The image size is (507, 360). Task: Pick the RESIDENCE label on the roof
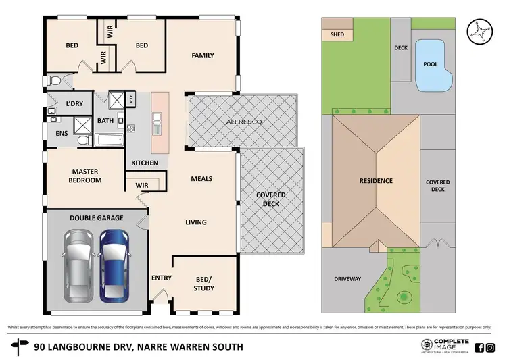[x=375, y=181]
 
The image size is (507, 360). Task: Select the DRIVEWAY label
[x=348, y=278]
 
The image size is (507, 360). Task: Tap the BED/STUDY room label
[x=204, y=284]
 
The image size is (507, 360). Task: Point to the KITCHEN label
[x=145, y=163]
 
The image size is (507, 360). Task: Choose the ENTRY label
[x=161, y=277]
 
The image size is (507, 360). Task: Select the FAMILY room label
[x=203, y=55]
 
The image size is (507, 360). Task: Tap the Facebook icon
[x=479, y=348]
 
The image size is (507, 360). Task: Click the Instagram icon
[x=490, y=348]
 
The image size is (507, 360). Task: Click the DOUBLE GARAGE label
[x=95, y=218]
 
